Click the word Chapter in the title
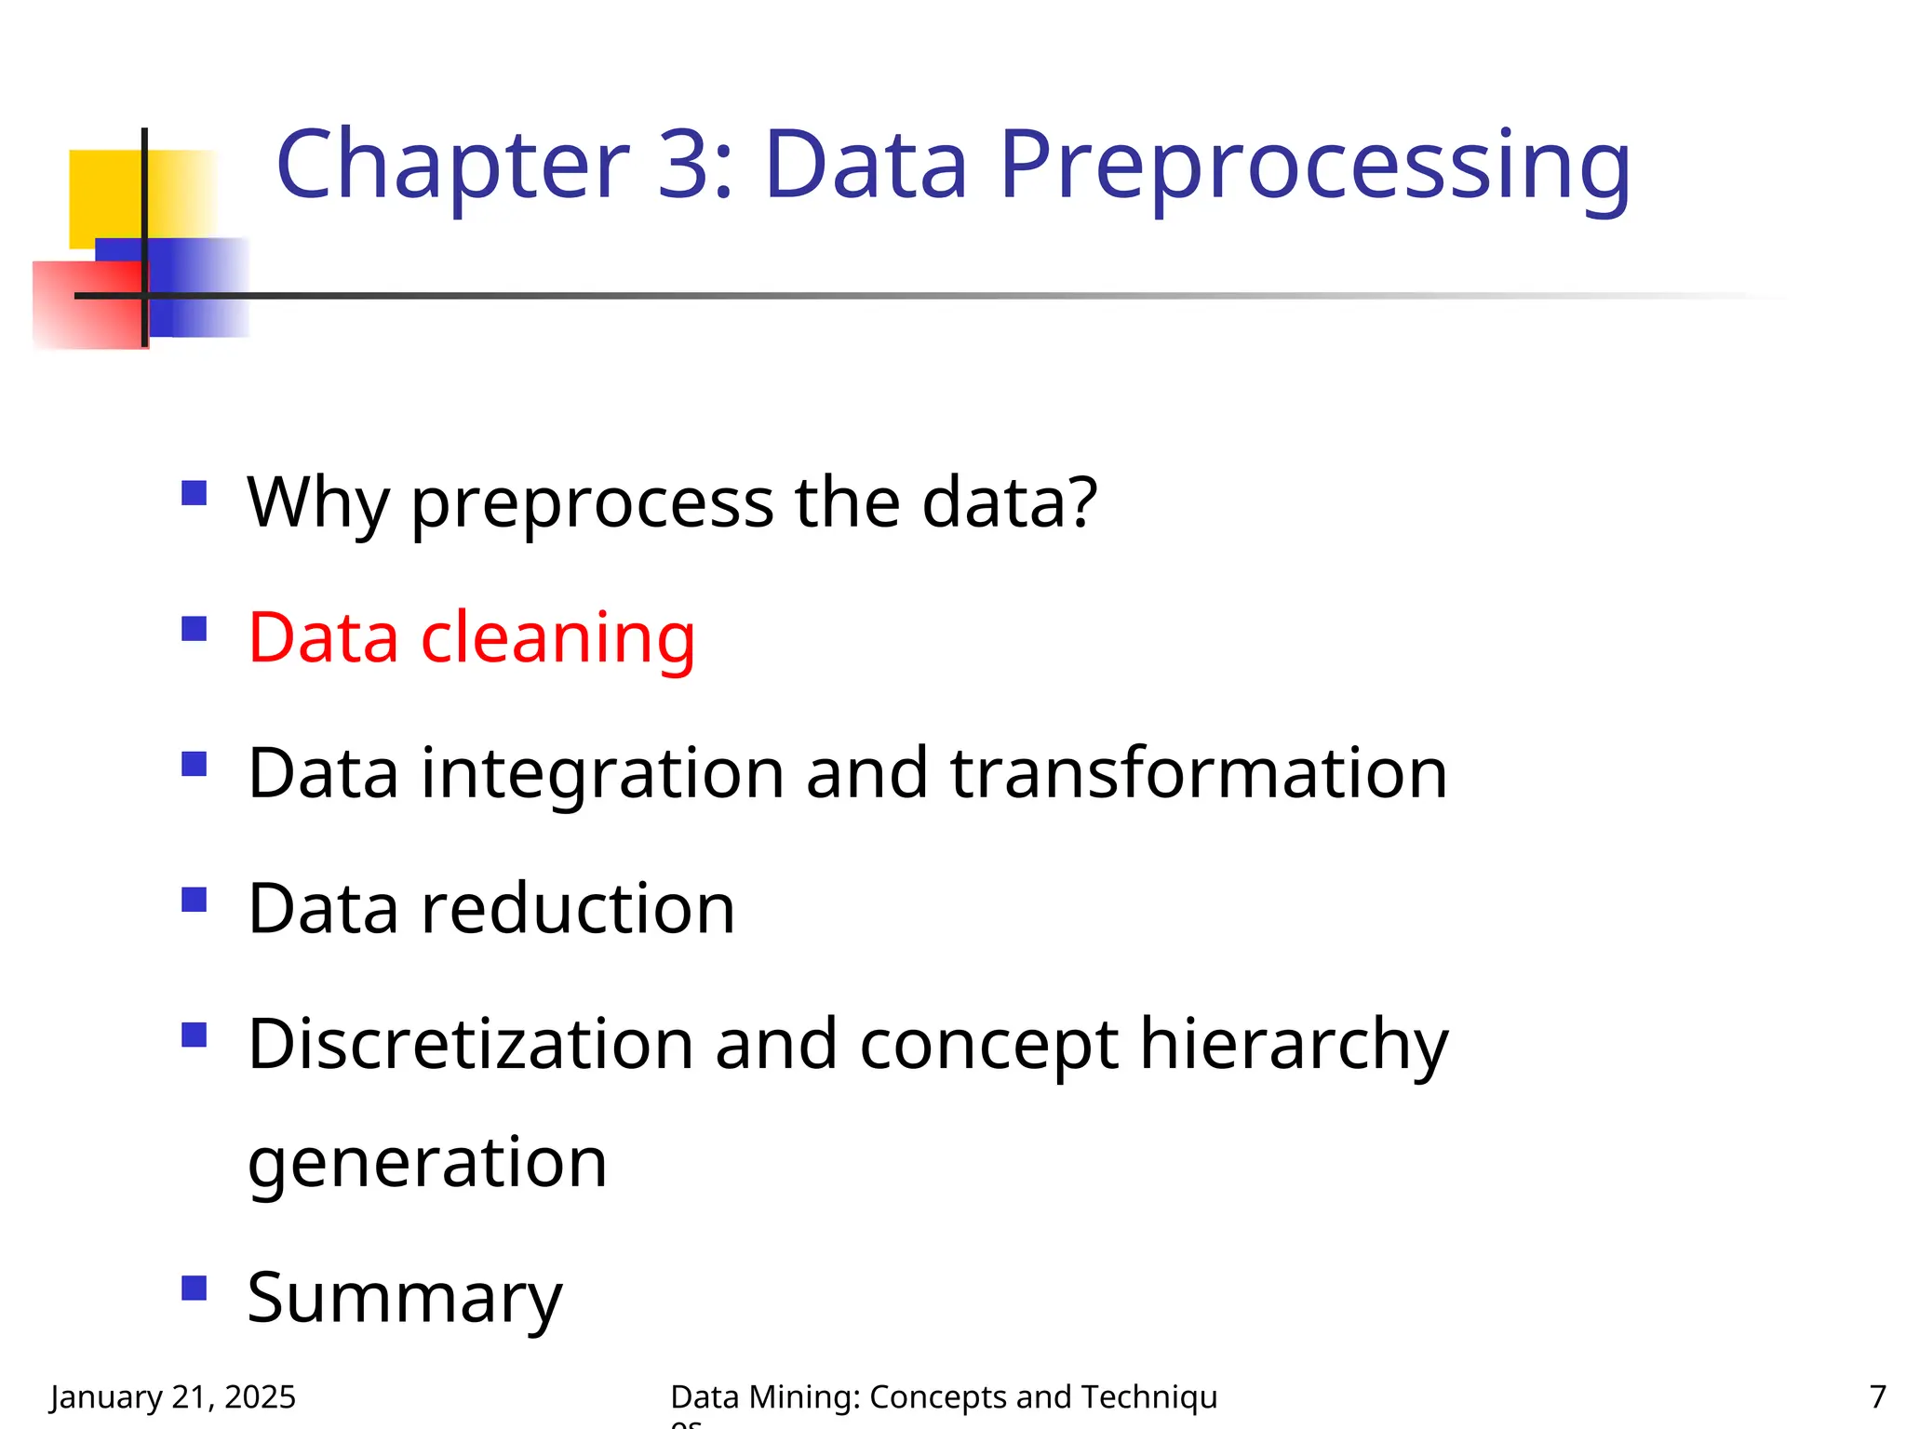453,166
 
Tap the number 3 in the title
687,166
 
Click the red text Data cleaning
471,638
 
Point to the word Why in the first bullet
317,503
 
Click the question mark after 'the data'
1080,501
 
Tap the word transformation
1199,773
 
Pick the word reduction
578,909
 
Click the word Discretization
471,1044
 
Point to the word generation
427,1163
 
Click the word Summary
405,1299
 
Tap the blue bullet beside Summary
194,1288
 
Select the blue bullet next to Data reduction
194,900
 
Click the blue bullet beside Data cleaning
194,629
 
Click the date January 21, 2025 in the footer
173,1396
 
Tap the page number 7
1877,1396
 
